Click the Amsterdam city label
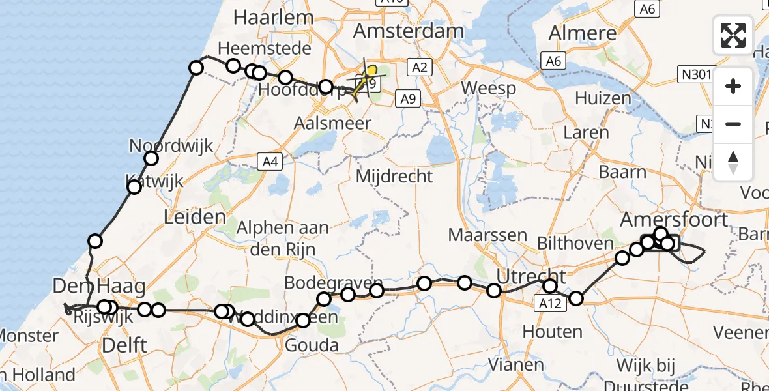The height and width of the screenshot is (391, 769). [x=409, y=31]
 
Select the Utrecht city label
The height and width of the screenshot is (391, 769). [x=531, y=276]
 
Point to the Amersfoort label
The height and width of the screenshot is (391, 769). [x=674, y=219]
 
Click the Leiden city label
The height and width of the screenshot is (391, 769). [x=195, y=217]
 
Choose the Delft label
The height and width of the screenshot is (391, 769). [x=124, y=345]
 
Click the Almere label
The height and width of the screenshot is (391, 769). [x=583, y=33]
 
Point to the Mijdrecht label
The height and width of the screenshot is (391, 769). [x=394, y=175]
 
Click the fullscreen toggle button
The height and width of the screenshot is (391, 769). [x=733, y=35]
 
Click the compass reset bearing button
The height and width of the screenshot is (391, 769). [x=733, y=162]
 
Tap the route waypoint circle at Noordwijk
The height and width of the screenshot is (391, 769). [x=151, y=158]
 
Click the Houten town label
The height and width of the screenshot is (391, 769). [x=553, y=332]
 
